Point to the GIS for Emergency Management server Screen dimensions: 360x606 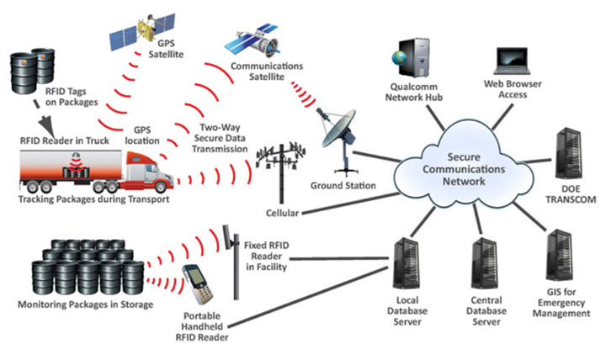click(559, 257)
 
